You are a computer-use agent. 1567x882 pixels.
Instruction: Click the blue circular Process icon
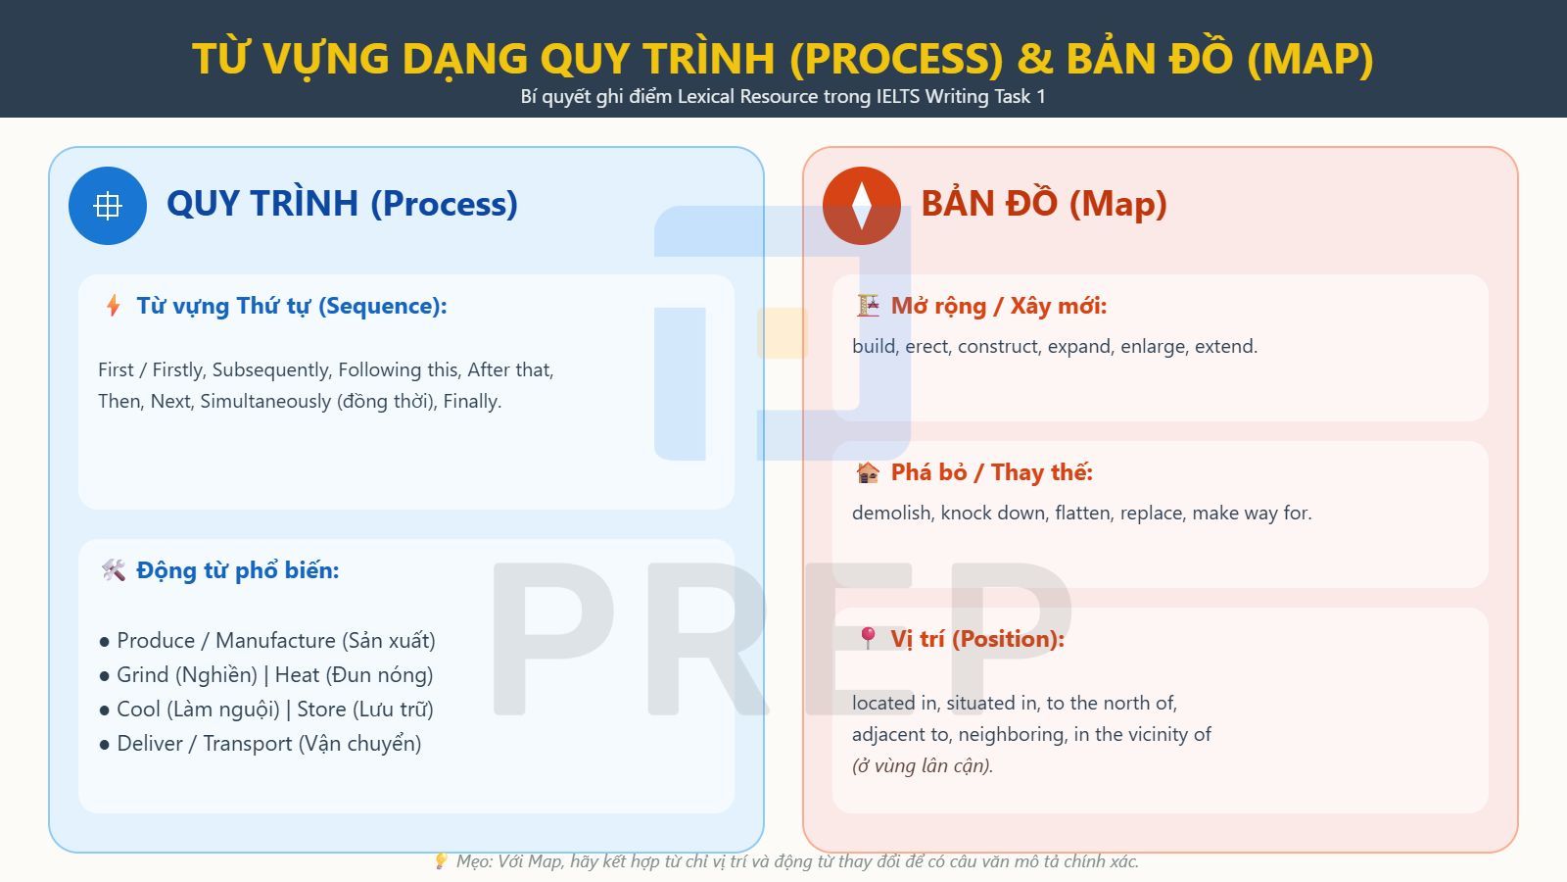108,206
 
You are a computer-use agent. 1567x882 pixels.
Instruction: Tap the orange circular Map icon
862,206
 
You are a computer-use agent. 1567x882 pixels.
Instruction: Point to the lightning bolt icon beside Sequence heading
114,306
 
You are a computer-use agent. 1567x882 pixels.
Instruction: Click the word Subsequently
270,370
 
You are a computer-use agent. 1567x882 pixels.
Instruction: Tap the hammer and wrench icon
114,570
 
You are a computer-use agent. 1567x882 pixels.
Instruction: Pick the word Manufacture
275,641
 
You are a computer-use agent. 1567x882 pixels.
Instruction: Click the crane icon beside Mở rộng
868,306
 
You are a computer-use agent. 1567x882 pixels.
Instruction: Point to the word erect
926,347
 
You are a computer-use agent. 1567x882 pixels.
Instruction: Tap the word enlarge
1153,347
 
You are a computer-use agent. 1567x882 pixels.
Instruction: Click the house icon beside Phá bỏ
868,472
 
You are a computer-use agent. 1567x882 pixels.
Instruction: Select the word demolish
891,514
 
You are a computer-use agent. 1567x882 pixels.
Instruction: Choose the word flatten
1082,514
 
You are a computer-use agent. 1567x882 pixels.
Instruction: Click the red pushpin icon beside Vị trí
868,639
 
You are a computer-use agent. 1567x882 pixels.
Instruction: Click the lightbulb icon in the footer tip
441,861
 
